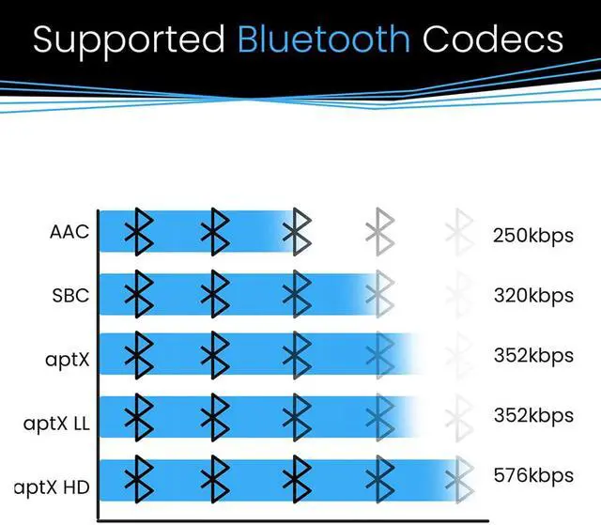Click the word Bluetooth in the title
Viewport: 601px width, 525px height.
(324, 39)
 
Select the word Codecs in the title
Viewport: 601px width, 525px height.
(493, 39)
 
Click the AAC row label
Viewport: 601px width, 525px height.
(69, 231)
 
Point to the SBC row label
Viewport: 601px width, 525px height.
(70, 295)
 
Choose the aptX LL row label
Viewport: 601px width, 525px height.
(56, 423)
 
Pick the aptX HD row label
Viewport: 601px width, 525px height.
(53, 486)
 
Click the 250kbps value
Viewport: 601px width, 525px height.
(532, 235)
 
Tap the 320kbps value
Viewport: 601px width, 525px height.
(532, 295)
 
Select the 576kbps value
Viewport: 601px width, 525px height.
(532, 475)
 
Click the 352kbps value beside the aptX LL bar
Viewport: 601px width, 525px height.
(532, 415)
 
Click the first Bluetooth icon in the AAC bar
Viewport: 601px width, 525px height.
(140, 231)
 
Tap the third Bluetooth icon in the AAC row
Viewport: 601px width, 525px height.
(298, 231)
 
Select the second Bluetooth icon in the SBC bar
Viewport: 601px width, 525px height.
(217, 294)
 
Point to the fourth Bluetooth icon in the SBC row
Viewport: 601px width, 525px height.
(379, 294)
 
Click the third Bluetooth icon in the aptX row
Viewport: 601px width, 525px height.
(298, 356)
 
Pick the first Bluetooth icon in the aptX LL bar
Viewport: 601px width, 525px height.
(140, 417)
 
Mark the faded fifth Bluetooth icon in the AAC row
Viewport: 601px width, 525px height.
(458, 231)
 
